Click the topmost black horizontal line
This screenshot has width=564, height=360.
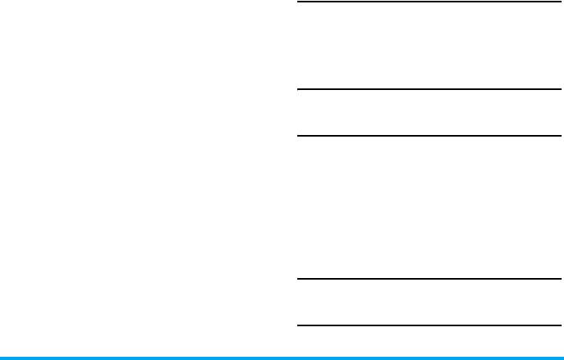click(429, 2)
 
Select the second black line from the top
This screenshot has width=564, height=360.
click(429, 89)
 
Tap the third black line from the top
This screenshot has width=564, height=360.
click(429, 136)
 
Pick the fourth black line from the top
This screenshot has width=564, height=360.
click(429, 279)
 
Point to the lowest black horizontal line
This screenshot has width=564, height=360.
click(429, 325)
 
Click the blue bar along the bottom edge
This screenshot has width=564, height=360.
click(281, 357)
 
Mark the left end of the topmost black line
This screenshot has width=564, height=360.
click(300, 2)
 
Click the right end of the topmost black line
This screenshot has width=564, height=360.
click(559, 2)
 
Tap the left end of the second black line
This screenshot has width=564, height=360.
click(300, 89)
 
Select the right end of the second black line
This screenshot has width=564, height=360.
click(559, 89)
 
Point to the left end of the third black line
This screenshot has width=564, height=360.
click(300, 136)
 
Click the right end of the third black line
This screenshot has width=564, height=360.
click(559, 136)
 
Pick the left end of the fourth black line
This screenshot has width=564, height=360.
click(300, 279)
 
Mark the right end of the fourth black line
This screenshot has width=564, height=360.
click(559, 279)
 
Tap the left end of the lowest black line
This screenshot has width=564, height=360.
click(300, 325)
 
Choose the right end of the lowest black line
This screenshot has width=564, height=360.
click(559, 325)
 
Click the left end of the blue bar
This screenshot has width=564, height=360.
click(2, 357)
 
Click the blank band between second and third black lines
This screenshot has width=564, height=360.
click(429, 112)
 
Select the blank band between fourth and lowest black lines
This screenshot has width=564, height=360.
click(429, 302)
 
